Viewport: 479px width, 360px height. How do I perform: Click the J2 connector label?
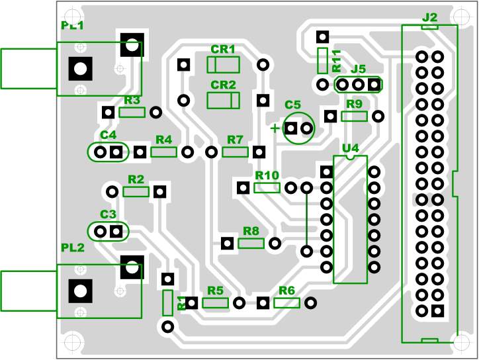[429, 16]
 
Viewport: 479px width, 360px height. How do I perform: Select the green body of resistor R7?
[235, 152]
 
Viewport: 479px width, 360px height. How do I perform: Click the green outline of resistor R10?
[267, 187]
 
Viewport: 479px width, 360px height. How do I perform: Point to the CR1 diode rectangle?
[223, 64]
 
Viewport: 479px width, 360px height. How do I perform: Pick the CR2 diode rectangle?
[223, 100]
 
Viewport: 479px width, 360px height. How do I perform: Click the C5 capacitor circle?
[298, 128]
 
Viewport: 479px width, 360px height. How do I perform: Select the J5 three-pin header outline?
[359, 85]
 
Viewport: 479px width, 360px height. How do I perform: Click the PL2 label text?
[73, 247]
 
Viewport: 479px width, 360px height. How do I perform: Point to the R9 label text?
[354, 104]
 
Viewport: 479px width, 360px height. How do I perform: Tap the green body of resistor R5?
[215, 303]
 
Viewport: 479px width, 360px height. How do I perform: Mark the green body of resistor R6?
[286, 303]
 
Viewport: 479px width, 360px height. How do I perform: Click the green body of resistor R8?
[251, 244]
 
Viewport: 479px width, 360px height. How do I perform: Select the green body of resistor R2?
[136, 192]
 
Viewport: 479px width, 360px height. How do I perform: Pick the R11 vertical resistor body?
[322, 60]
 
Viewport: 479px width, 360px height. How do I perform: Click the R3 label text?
[132, 101]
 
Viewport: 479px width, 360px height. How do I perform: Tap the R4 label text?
[163, 140]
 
